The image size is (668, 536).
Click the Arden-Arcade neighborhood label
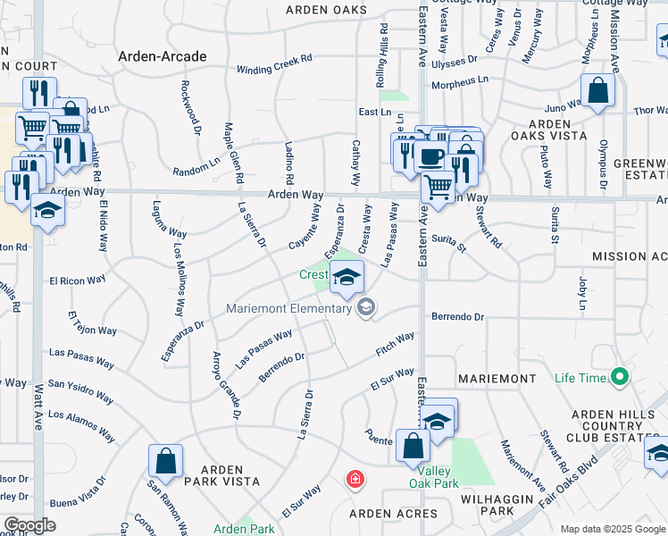[163, 56]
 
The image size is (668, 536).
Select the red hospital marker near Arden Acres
[355, 480]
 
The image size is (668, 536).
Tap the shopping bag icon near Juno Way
[597, 91]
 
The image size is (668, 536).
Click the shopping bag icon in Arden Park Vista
[165, 462]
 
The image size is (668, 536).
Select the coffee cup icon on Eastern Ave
[430, 155]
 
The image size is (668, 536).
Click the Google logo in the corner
[29, 525]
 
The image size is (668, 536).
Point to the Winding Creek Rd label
[274, 70]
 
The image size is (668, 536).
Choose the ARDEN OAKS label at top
[326, 10]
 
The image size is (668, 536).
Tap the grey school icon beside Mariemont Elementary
[365, 308]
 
